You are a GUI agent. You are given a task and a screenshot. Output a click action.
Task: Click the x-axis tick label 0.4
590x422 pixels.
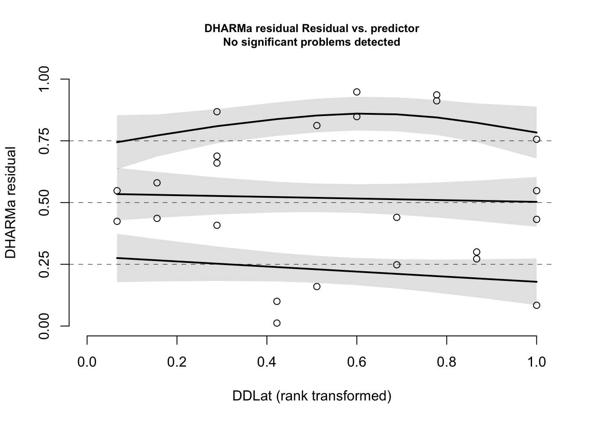pyautogui.click(x=266, y=362)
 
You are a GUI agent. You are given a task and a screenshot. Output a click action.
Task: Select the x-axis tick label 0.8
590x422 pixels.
pyautogui.click(x=446, y=362)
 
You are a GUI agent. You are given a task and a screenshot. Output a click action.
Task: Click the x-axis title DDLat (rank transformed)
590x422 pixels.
pyautogui.click(x=312, y=396)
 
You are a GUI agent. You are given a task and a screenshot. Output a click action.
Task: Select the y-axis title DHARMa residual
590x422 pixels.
pyautogui.click(x=11, y=203)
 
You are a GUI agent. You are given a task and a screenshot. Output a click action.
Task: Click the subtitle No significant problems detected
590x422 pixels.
pyautogui.click(x=312, y=42)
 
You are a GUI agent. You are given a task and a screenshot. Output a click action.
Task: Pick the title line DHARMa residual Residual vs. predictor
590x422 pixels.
pyautogui.click(x=312, y=29)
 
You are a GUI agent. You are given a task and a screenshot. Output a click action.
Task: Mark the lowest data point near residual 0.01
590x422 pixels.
pyautogui.click(x=277, y=323)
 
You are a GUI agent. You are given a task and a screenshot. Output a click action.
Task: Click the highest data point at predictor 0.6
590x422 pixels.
pyautogui.click(x=357, y=92)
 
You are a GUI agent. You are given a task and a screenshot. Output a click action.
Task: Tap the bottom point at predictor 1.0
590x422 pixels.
pyautogui.click(x=536, y=305)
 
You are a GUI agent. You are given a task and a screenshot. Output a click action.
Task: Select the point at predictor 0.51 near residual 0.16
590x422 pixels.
pyautogui.click(x=317, y=287)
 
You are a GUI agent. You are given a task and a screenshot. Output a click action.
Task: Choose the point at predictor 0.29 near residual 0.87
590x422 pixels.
pyautogui.click(x=217, y=112)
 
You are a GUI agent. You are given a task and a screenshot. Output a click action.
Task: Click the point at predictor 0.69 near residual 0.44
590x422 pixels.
pyautogui.click(x=397, y=217)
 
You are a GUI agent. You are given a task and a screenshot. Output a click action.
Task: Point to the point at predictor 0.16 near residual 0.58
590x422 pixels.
pyautogui.click(x=157, y=183)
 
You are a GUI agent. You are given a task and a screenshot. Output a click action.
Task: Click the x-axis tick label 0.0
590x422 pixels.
pyautogui.click(x=87, y=362)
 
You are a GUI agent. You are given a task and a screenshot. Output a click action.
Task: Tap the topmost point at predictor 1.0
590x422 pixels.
pyautogui.click(x=536, y=139)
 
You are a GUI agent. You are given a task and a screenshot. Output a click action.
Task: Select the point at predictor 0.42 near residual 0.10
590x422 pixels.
pyautogui.click(x=277, y=301)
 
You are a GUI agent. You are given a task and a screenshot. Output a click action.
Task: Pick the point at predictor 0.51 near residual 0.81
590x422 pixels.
pyautogui.click(x=317, y=126)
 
